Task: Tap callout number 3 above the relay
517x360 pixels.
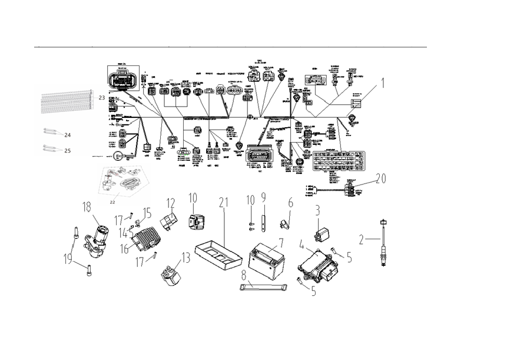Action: coord(317,210)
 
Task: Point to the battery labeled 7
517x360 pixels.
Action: coord(268,259)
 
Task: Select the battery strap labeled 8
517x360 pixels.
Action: coord(261,286)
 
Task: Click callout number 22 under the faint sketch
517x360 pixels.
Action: coord(112,202)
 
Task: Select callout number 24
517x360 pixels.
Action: coord(67,134)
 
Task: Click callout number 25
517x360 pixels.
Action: coord(67,150)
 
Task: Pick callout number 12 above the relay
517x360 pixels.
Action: coord(171,204)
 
